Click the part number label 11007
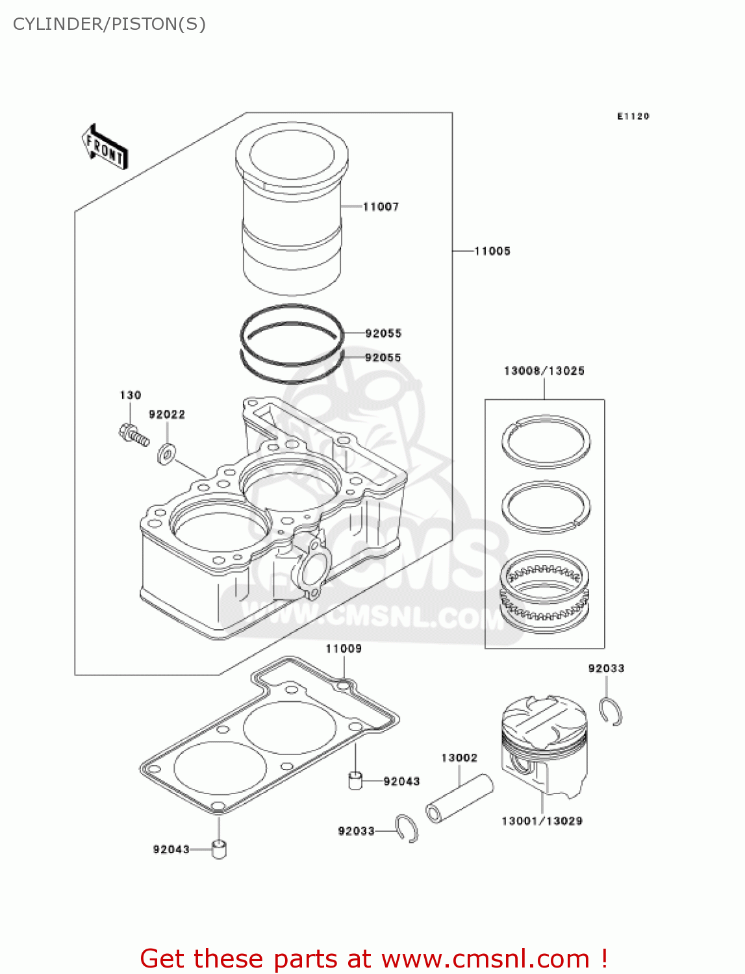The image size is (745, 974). pos(381,206)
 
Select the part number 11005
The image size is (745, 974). pos(492,251)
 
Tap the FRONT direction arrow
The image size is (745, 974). pos(105,147)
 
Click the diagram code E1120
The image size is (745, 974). pos(633,116)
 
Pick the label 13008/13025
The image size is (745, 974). pos(544,371)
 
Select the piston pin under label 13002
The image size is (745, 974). pos(459,799)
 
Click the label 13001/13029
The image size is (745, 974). pos(542,821)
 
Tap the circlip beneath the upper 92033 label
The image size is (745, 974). pos(611,712)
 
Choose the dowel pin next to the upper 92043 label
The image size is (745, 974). pos(355,780)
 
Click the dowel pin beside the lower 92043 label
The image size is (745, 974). pos(219,849)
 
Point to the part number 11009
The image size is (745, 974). pos(344,649)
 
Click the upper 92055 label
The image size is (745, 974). pos(383,333)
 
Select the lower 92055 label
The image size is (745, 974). pos(383,357)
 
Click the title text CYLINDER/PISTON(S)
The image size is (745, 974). pos(109,24)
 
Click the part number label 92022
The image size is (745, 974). pos(167,414)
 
